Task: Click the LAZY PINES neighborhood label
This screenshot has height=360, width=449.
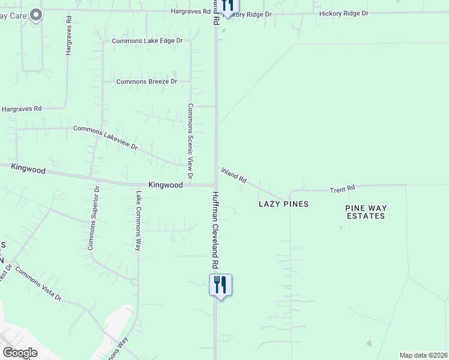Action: coord(283,204)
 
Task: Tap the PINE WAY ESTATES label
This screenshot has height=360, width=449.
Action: coord(366,212)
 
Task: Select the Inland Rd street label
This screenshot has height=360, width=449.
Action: coord(234,175)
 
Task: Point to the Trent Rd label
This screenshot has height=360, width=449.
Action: coord(342,189)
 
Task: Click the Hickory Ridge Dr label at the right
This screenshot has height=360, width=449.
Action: coord(344,13)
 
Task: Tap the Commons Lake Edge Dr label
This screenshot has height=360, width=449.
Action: coord(147,41)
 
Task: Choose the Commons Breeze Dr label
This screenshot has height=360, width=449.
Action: coord(146,82)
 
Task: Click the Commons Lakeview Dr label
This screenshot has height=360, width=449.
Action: coord(105,137)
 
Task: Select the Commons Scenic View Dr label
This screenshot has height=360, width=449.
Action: coord(190,142)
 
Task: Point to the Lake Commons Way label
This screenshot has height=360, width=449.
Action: coord(138,221)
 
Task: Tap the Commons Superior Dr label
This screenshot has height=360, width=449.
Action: coord(93,218)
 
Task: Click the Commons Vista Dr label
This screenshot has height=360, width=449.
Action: coord(38,284)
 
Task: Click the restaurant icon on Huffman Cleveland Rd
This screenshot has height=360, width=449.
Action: coord(220,284)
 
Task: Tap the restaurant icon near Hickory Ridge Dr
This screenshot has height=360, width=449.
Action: coord(227,6)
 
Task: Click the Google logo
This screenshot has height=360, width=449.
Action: coord(20,353)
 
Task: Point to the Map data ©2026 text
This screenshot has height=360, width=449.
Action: coord(423,355)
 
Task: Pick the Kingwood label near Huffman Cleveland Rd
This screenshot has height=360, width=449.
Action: coord(165,185)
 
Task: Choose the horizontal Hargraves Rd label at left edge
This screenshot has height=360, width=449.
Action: coord(21,109)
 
